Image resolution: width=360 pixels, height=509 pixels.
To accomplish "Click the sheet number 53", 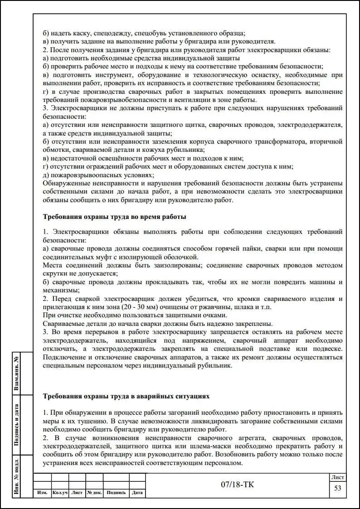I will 337,488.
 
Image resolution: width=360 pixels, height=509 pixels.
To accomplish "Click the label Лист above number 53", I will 337,477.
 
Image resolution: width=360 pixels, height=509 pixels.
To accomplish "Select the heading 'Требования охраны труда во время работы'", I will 114,217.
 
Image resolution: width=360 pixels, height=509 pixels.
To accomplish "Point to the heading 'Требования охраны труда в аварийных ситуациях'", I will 126,396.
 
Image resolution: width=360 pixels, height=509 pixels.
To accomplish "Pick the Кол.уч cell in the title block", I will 60,493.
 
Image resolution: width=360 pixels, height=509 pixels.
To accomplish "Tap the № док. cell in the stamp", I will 94,493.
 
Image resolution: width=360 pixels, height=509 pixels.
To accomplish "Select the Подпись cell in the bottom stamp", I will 116,493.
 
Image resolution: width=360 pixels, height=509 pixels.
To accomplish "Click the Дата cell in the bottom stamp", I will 137,493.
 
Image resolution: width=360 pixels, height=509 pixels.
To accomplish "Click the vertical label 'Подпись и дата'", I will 16,424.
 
